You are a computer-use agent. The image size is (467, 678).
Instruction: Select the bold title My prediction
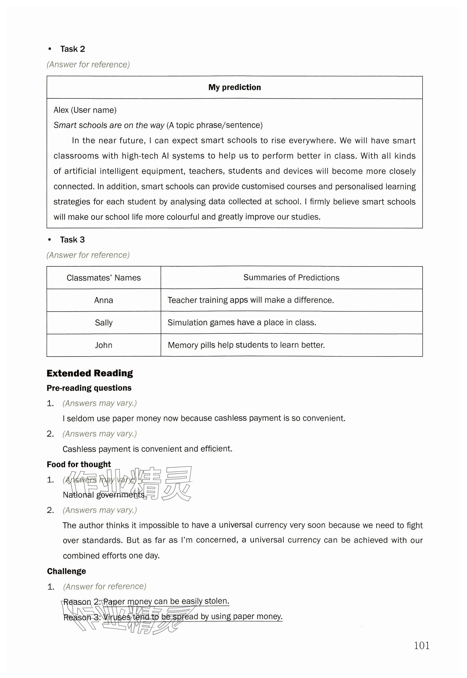[x=234, y=87]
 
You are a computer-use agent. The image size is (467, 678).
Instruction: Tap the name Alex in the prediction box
[x=61, y=110]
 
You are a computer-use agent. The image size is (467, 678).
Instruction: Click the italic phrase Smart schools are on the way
[x=109, y=125]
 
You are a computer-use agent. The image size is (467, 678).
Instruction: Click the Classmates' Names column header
[x=104, y=278]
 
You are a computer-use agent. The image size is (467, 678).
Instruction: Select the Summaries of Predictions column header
[x=291, y=278]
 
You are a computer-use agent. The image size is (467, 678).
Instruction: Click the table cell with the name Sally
[x=104, y=323]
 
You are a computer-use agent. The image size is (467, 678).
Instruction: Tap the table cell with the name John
[x=104, y=345]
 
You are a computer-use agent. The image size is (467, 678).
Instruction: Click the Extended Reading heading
[x=90, y=373]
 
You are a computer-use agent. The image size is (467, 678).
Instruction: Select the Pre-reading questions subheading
[x=89, y=388]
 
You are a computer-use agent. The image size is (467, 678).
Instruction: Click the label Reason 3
[x=82, y=617]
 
